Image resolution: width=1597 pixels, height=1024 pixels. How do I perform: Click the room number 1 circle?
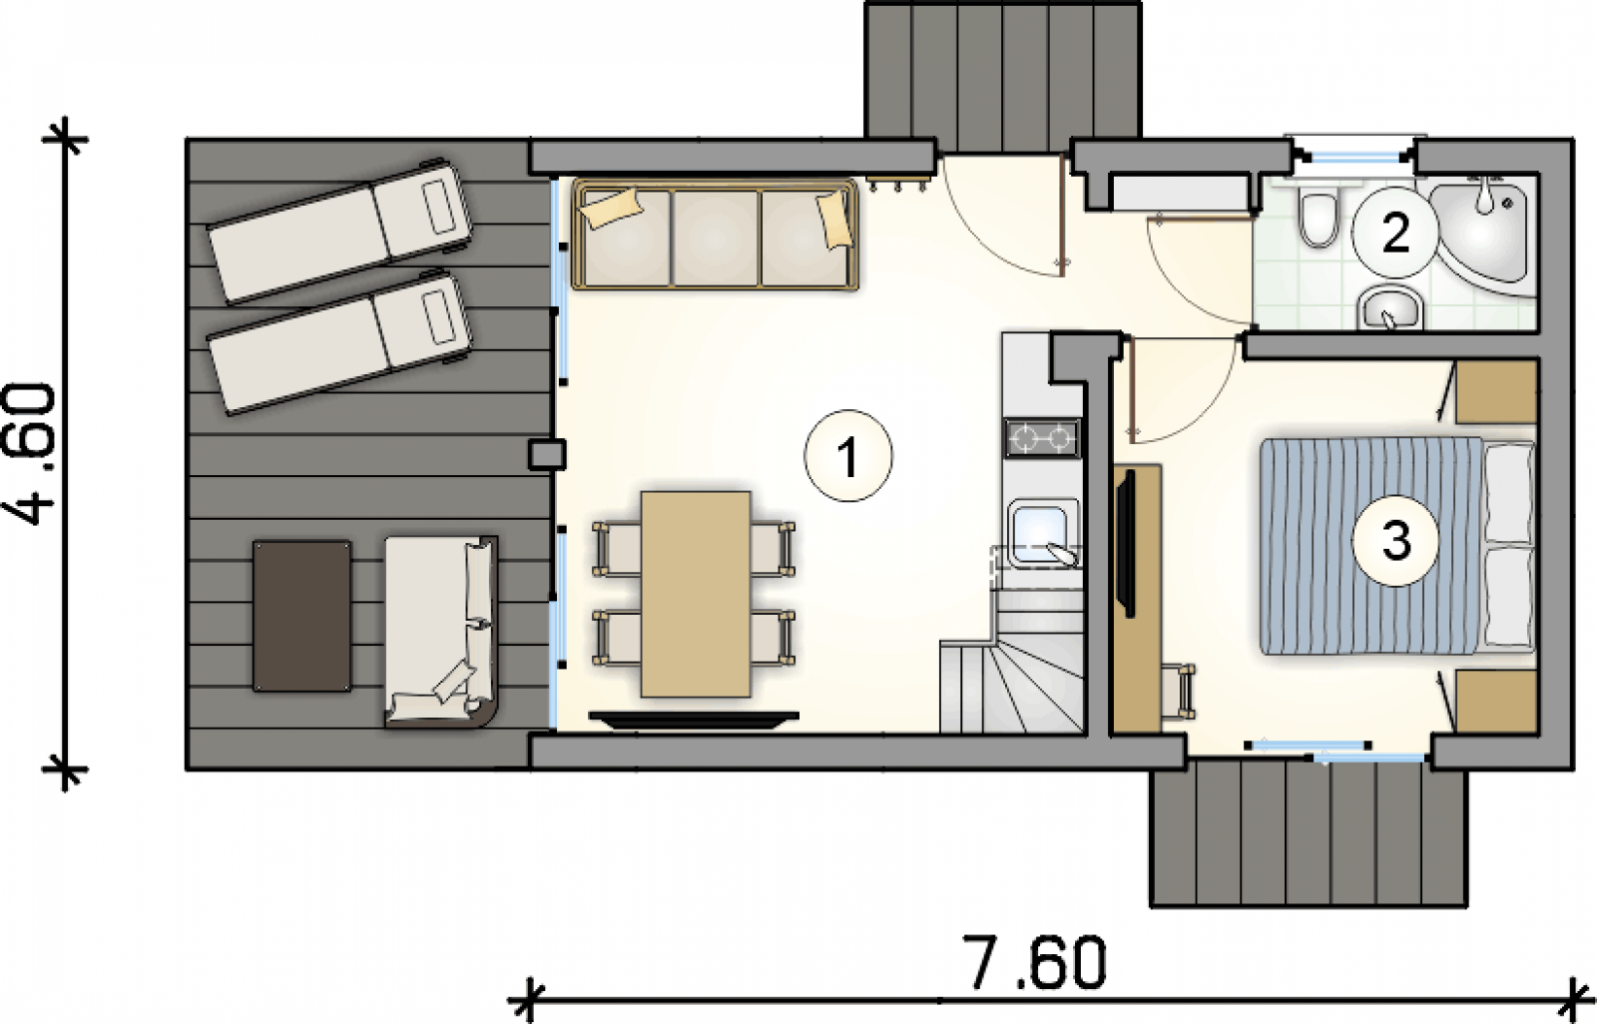click(x=847, y=456)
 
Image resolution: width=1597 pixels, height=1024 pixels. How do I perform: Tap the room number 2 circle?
click(x=1394, y=233)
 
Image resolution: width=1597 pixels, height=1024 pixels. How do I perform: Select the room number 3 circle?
click(x=1395, y=541)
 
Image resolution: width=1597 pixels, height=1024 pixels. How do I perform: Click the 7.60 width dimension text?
click(x=1035, y=963)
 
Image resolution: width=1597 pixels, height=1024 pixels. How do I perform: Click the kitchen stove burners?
click(x=1042, y=438)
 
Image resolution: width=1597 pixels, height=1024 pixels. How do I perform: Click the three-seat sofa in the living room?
click(x=715, y=236)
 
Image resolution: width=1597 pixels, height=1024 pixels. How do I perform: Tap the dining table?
click(x=695, y=593)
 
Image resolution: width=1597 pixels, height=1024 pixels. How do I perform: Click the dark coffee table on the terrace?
click(x=302, y=616)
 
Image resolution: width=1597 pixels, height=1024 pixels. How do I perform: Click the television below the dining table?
click(x=694, y=719)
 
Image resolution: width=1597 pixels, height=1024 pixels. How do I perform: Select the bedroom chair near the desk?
click(x=1178, y=691)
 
